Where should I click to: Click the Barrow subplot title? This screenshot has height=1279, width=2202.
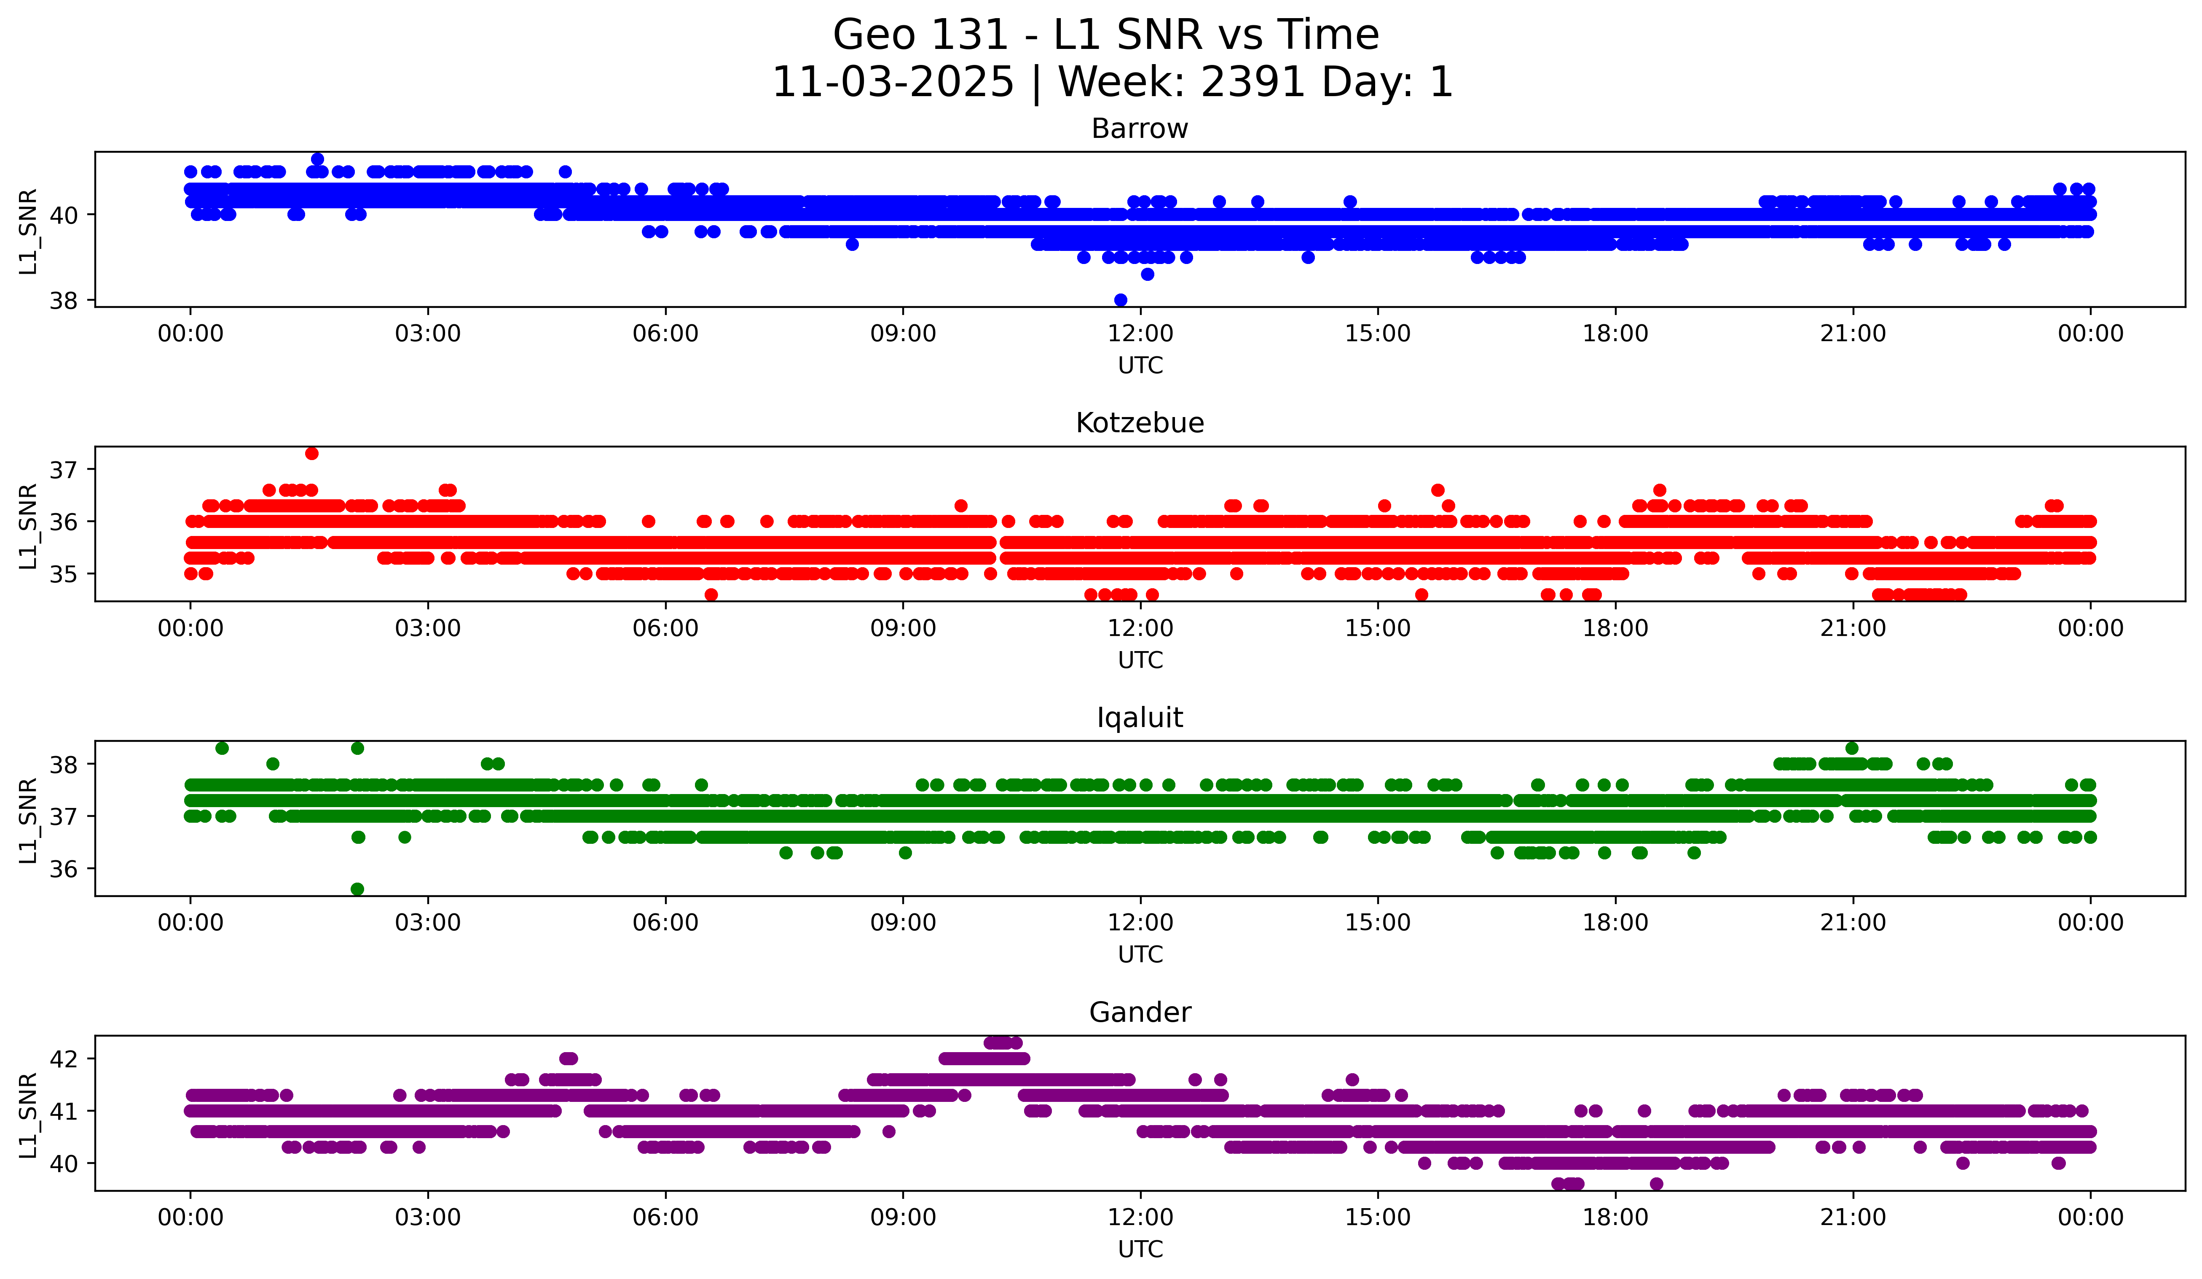point(1140,129)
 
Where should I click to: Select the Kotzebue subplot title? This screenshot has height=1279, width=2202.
point(1140,423)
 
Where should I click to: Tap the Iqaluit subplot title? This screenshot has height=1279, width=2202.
point(1140,718)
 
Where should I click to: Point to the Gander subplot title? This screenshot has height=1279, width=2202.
point(1140,1012)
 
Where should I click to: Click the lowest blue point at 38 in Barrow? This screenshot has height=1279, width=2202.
point(1120,300)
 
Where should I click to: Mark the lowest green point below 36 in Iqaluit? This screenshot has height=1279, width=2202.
point(357,889)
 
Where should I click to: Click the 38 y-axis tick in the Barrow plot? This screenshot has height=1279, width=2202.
point(63,301)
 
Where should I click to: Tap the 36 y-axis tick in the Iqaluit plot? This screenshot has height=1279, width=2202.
point(63,869)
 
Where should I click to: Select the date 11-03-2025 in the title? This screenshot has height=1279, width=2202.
point(893,82)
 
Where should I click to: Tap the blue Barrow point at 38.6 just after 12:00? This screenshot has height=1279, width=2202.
point(1147,275)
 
